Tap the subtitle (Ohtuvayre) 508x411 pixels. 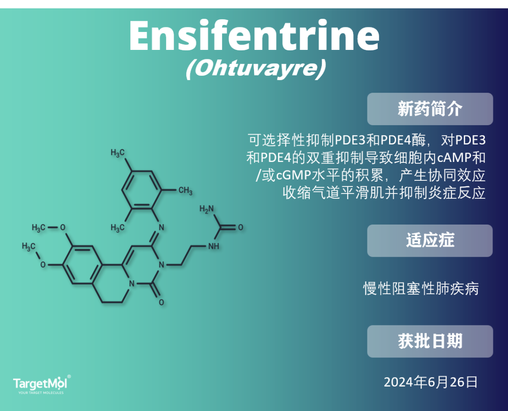tap(255, 69)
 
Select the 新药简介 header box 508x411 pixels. tap(430, 109)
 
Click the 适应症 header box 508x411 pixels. tap(430, 241)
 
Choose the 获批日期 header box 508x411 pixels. tap(430, 342)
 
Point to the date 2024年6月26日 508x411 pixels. tap(430, 382)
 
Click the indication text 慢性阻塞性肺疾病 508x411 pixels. tap(421, 289)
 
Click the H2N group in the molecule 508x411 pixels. tap(206, 209)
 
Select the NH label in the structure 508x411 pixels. tap(214, 246)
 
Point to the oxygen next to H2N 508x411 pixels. tap(240, 227)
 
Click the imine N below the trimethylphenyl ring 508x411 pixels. tap(161, 227)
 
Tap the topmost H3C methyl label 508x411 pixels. tap(117, 153)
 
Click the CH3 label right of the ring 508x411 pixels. tap(185, 190)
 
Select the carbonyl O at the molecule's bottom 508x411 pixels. tap(161, 302)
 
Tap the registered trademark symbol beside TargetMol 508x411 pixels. tap(69, 377)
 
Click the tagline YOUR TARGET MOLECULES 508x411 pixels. tap(41, 393)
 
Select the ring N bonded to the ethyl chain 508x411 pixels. tap(161, 265)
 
